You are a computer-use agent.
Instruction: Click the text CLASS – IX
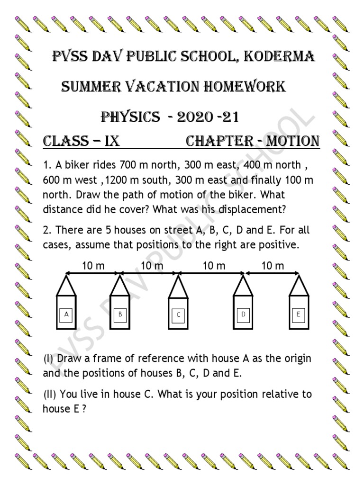78,141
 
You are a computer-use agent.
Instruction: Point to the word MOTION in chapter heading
292,141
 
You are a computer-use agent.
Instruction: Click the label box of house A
66,314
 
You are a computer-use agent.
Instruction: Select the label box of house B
121,314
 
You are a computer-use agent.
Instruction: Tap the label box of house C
178,314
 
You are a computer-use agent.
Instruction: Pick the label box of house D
243,314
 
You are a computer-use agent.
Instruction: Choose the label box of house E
299,314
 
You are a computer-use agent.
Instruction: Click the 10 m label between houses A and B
93,266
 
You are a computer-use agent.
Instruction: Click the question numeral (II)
50,395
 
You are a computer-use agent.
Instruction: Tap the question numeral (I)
48,359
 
